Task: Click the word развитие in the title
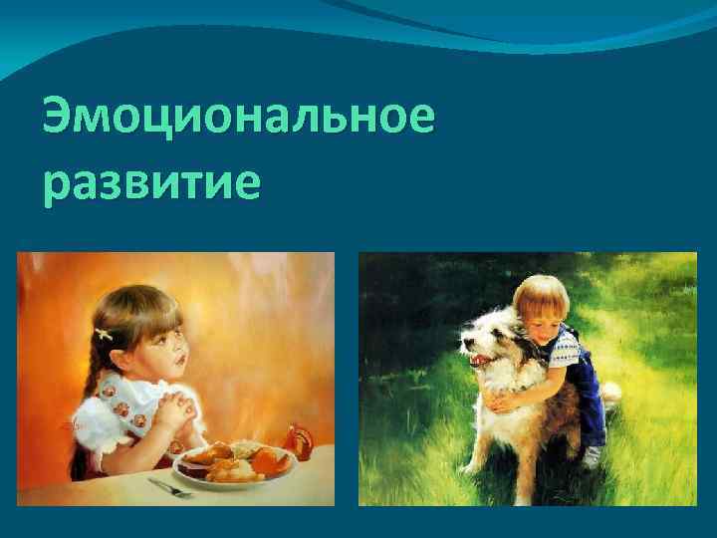[151, 184]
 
